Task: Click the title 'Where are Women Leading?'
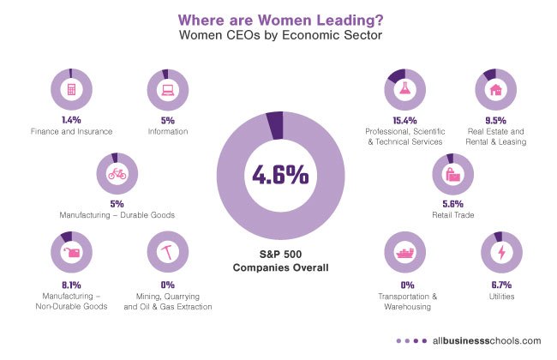point(278,17)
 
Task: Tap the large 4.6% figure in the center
point(278,175)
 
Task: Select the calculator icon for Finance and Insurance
point(71,88)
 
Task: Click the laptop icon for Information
point(167,88)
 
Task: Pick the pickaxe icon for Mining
point(167,252)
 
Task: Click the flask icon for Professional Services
point(406,88)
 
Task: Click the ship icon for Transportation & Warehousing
point(407,252)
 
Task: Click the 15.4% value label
point(405,121)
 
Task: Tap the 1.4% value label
point(70,121)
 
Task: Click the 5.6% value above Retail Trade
point(452,204)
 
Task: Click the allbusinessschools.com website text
point(491,339)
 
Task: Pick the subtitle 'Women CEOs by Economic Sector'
point(278,35)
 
